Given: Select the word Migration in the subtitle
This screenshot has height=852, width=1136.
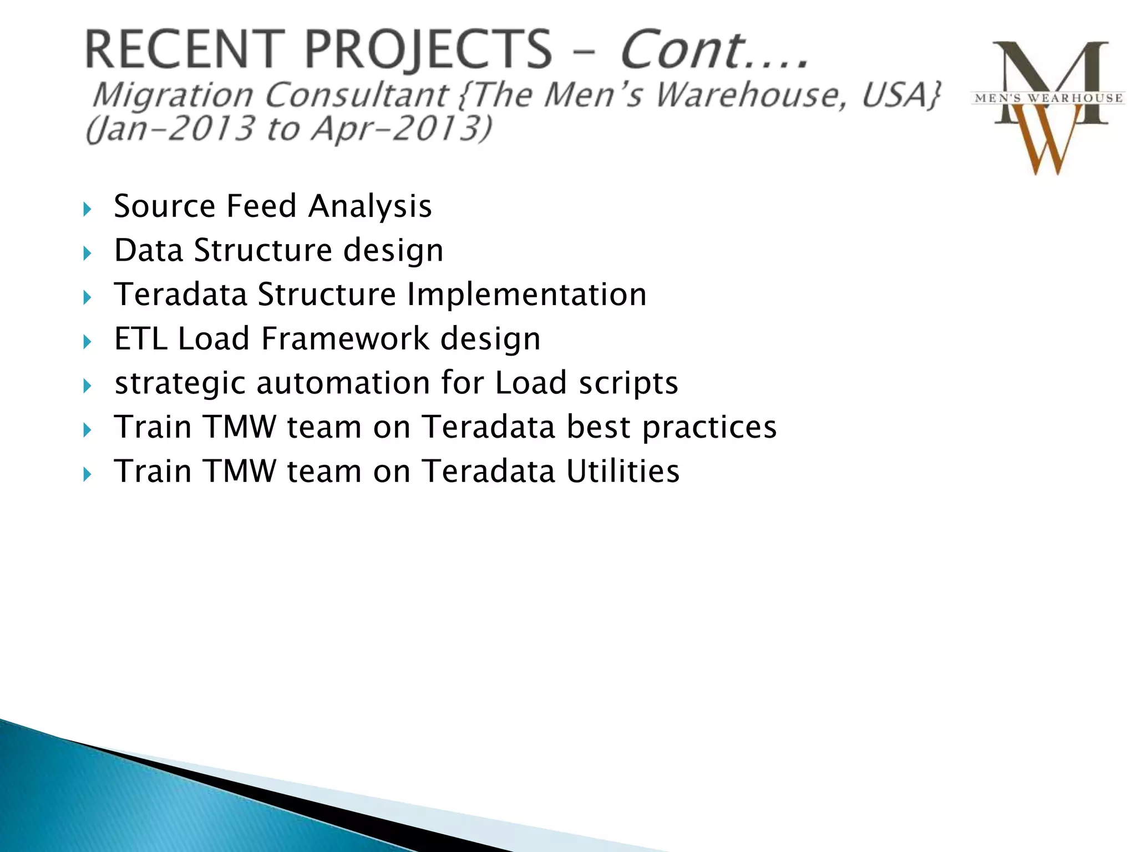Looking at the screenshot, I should (x=173, y=95).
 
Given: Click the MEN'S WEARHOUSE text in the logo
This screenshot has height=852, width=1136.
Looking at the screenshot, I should (x=1049, y=99).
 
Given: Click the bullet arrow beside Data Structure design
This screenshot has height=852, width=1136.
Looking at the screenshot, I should (x=87, y=253).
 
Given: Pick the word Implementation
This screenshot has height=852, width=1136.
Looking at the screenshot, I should (x=526, y=295).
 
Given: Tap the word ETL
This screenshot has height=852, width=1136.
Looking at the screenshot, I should (x=140, y=339).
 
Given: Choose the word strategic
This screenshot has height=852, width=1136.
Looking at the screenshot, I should (x=180, y=384).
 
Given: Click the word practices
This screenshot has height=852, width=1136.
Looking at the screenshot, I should (x=709, y=428).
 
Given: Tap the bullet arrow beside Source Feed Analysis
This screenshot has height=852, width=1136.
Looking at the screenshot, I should (x=87, y=210).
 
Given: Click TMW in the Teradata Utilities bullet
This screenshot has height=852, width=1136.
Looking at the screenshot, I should (x=240, y=471).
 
